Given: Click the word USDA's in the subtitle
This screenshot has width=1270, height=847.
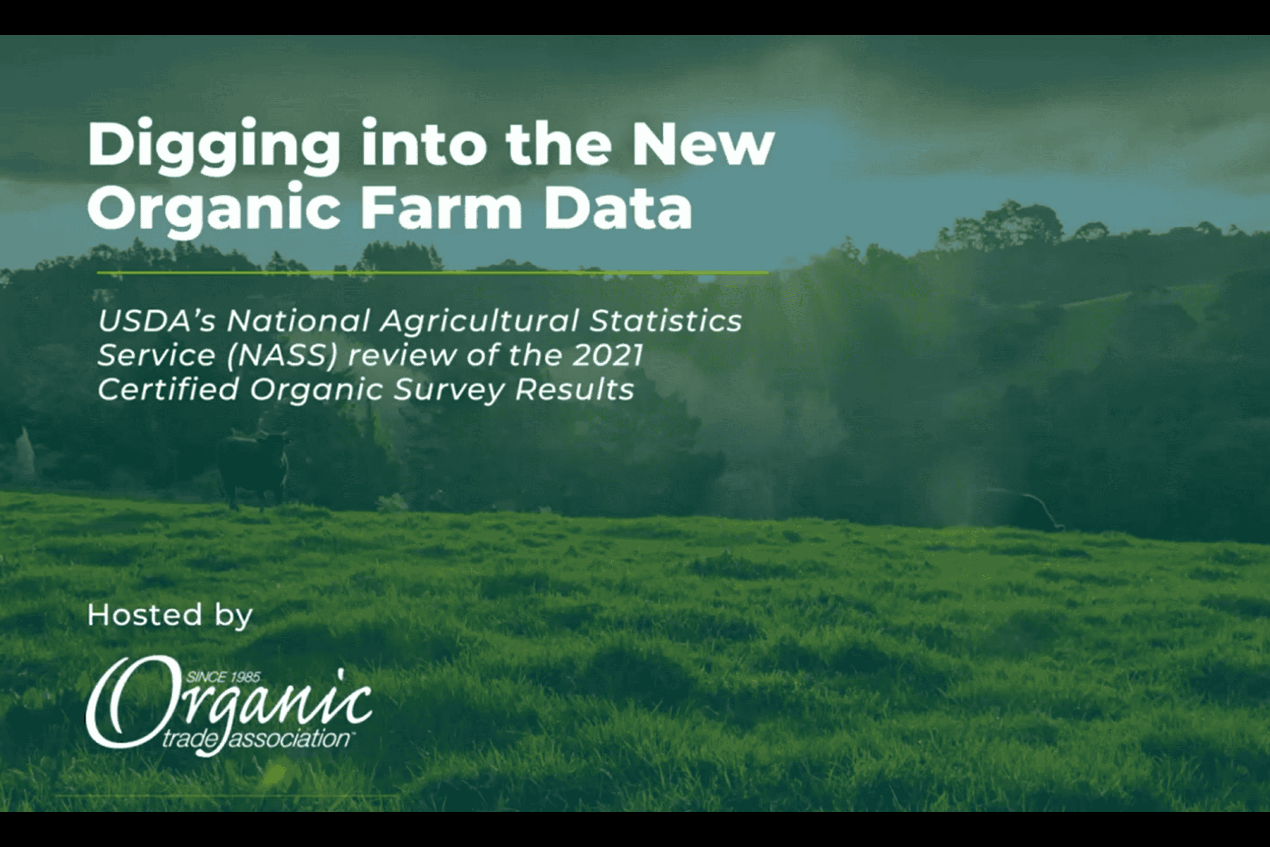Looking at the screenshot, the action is tap(157, 321).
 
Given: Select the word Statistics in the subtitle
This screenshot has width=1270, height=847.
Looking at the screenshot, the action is tap(665, 321).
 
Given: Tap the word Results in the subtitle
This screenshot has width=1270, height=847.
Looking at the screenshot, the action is tap(574, 390).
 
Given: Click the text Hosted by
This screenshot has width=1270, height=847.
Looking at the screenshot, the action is tap(170, 615).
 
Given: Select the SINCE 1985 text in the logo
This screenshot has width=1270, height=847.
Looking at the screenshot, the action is tap(224, 676).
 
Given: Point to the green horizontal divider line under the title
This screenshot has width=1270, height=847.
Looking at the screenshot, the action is tap(433, 273).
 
